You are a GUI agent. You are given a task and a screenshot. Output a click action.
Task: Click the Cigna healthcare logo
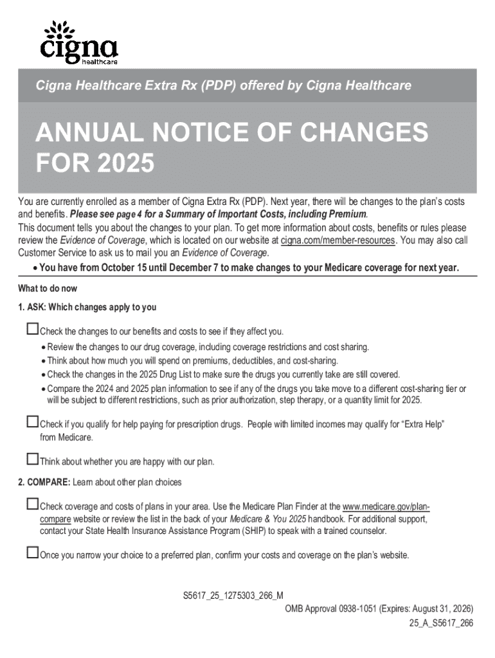click(x=78, y=42)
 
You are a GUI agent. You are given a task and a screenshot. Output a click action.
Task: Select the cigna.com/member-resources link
click(x=329, y=240)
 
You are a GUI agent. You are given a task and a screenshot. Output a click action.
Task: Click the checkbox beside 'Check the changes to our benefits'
click(x=32, y=330)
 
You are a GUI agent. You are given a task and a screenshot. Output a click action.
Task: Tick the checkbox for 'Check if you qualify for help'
click(x=32, y=422)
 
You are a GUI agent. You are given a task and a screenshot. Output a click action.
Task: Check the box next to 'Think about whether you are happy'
click(x=32, y=459)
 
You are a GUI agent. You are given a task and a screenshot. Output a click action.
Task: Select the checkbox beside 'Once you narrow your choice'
click(x=32, y=553)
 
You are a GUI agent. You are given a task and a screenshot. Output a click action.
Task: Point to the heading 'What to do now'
click(x=48, y=289)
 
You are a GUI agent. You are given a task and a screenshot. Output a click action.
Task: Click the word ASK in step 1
click(x=37, y=307)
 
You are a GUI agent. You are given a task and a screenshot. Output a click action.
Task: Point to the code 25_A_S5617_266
click(x=441, y=623)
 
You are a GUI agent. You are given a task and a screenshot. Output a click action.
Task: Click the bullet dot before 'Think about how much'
click(x=42, y=361)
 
